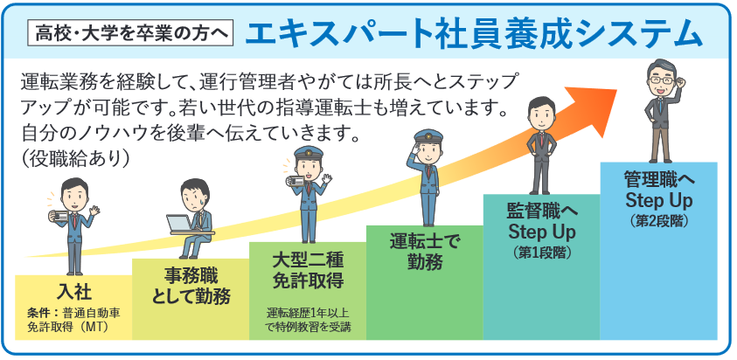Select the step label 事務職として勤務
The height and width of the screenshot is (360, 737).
coord(190,285)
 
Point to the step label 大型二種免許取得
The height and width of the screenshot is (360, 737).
coord(307,270)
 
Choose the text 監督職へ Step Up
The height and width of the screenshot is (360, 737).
coord(541,221)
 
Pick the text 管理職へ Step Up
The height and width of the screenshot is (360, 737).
coord(658,190)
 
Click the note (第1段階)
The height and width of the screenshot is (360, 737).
coord(541,253)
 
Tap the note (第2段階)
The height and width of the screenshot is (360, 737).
coord(658,222)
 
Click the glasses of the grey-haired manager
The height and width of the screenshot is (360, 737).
coord(662,79)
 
